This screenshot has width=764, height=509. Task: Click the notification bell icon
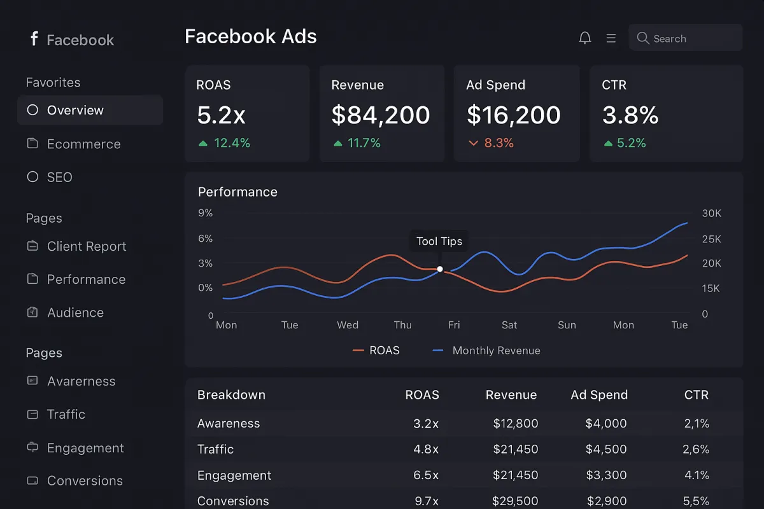coord(585,38)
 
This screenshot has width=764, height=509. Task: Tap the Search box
coord(685,38)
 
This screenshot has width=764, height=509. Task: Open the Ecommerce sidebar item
coord(83,144)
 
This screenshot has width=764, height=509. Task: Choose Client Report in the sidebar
coord(87,246)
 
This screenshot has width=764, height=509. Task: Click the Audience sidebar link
coord(75,312)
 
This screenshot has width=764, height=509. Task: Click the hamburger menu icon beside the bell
coord(611,38)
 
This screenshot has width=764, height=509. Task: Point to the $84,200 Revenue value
coord(381,115)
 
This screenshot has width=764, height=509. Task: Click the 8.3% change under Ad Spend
coord(499,143)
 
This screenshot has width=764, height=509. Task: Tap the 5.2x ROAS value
coord(221,115)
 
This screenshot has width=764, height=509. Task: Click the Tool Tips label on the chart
coord(439,241)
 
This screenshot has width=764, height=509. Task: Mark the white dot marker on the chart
coord(440,269)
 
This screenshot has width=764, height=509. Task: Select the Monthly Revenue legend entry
coord(496,351)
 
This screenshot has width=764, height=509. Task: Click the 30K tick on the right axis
coord(712,214)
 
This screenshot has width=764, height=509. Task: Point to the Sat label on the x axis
coord(509,325)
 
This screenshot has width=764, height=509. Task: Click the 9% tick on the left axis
coord(206,213)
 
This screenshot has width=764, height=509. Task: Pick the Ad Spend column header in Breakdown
coord(599,395)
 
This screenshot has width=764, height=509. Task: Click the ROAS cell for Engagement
coord(426,475)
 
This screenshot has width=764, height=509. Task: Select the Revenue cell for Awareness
coord(516,424)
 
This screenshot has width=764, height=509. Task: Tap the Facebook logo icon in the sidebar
coord(34,39)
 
